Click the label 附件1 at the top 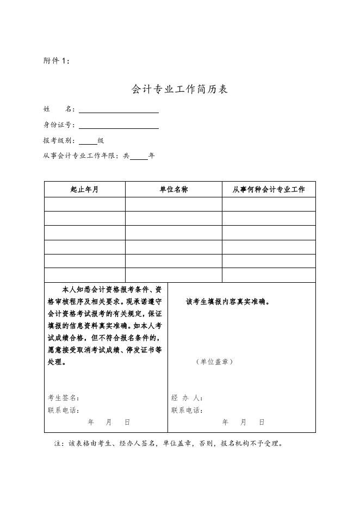(x=56, y=61)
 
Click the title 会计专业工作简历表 (x=179, y=89)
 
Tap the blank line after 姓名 (x=119, y=109)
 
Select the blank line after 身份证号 (x=119, y=125)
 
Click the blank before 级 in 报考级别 (x=88, y=141)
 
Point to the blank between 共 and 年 (x=139, y=156)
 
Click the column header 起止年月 (x=85, y=190)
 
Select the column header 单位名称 (x=173, y=190)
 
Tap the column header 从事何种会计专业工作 (x=269, y=190)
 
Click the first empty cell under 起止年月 (x=85, y=204)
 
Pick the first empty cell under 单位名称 (x=173, y=204)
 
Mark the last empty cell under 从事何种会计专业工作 (x=269, y=275)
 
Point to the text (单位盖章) (x=215, y=362)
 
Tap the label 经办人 (x=187, y=398)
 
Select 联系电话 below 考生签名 (x=63, y=410)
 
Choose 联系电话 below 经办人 (x=187, y=410)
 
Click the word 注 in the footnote (x=58, y=443)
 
